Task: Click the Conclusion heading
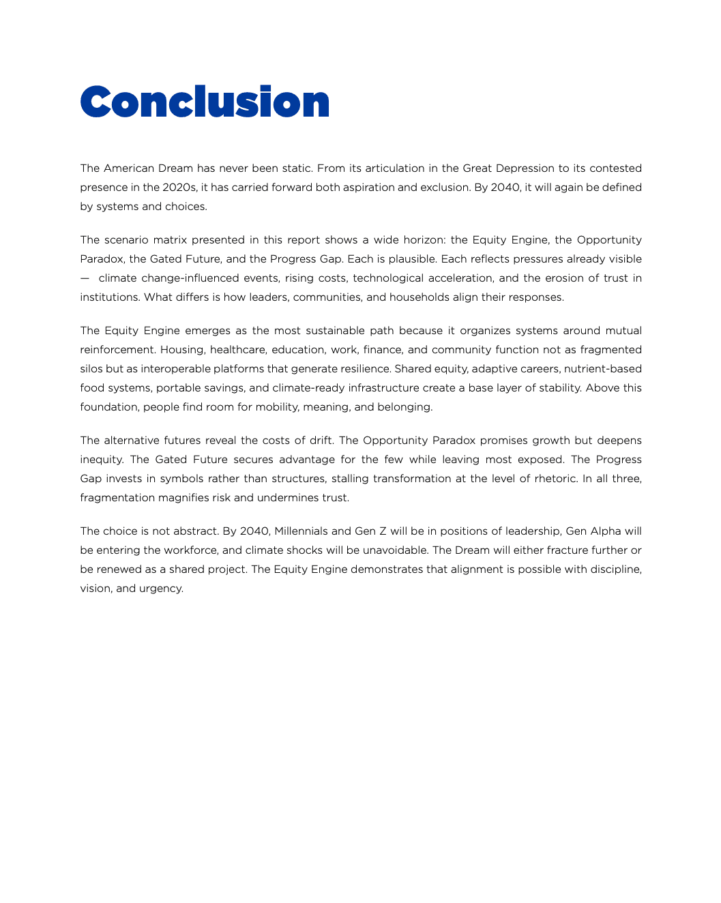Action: coord(205,102)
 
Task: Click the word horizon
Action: coord(424,240)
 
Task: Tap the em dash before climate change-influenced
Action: coord(84,278)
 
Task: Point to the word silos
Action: coord(91,369)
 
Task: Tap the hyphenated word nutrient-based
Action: coord(603,369)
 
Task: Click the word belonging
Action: coord(407,407)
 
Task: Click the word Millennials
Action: coord(301,531)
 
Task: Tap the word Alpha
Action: coord(606,531)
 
